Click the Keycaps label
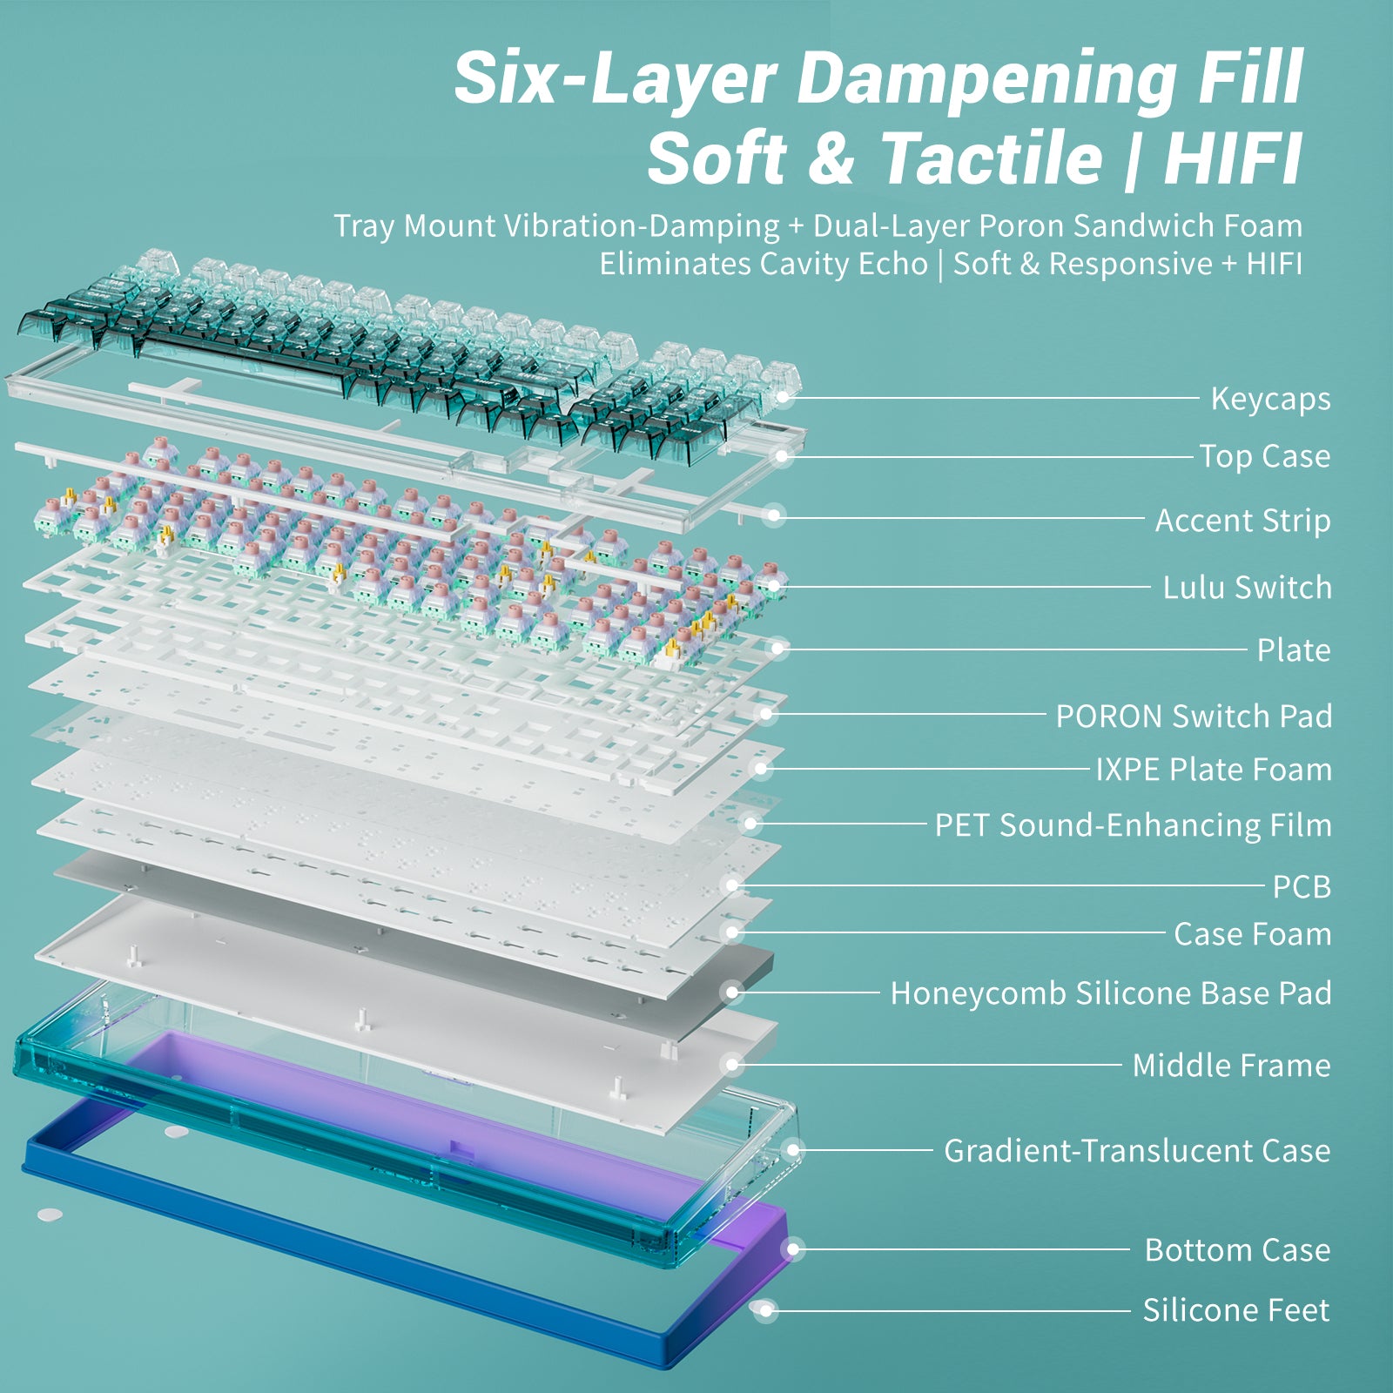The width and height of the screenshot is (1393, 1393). coord(1270,399)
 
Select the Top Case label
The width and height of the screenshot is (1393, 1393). coord(1265,456)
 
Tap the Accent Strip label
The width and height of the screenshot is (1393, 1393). coord(1242,521)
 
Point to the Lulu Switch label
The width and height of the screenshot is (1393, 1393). coord(1247,588)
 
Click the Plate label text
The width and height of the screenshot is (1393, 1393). coord(1294,650)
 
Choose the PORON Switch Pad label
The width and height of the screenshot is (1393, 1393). coord(1194,717)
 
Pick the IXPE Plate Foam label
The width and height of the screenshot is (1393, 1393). coord(1214,770)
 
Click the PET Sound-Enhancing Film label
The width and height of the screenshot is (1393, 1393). coord(1133,825)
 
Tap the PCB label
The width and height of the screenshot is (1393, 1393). coord(1302,887)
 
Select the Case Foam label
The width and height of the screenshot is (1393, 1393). coord(1253,934)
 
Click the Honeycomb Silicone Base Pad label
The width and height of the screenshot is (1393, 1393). coord(1111,993)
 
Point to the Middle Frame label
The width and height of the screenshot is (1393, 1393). coord(1231,1066)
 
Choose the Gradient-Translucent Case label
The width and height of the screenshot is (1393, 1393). coord(1137,1151)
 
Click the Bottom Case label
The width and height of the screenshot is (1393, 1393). coord(1237,1250)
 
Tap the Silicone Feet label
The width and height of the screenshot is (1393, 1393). coord(1236,1310)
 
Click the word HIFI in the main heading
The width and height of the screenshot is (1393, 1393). coord(1233,158)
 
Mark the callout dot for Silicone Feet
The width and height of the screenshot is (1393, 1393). coord(765,1309)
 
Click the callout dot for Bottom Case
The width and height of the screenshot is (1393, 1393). coord(792,1249)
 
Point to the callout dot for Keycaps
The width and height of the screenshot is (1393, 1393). coord(783,398)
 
